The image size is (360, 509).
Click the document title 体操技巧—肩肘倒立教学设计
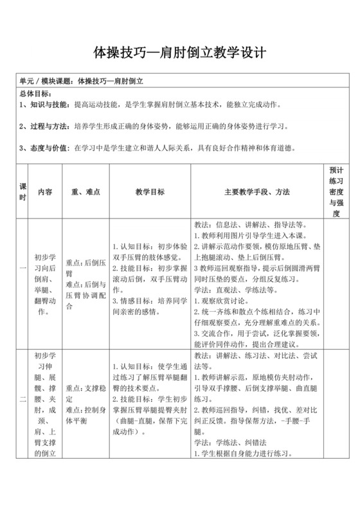tap(180, 51)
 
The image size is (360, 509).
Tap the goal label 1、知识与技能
tap(46, 104)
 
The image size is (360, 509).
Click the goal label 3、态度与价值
tap(46, 147)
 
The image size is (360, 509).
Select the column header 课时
tap(23, 192)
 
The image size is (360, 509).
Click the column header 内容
tap(45, 192)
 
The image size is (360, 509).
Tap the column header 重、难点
tap(85, 192)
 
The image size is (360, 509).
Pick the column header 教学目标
tap(150, 192)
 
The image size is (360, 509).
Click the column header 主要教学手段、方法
tap(257, 192)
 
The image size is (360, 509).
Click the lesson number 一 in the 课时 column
tap(23, 285)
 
